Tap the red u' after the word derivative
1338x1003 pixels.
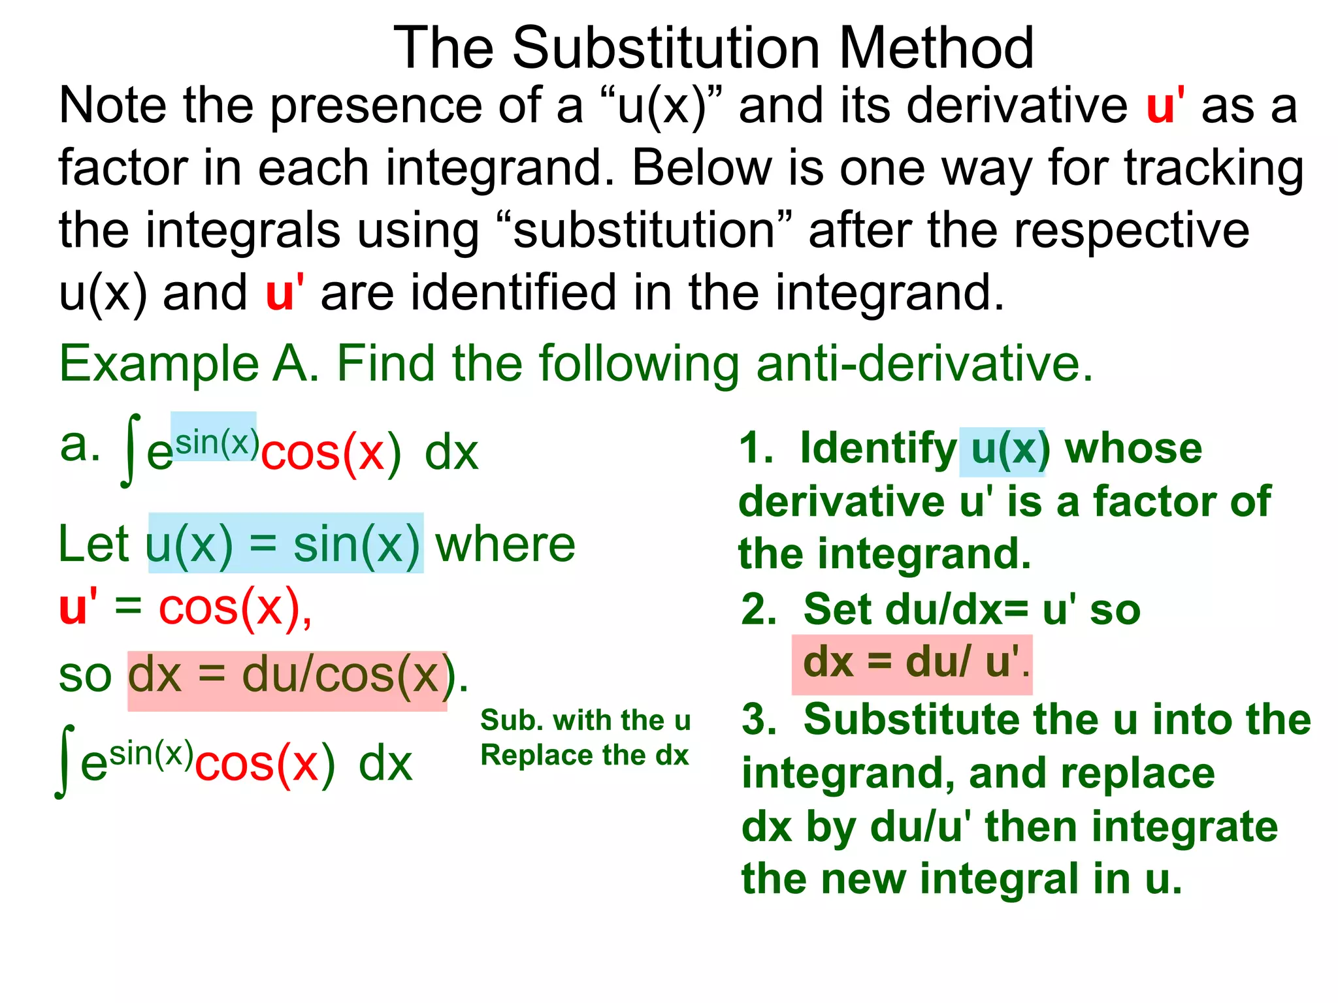pyautogui.click(x=1166, y=106)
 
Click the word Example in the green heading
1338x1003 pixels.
pyautogui.click(x=159, y=364)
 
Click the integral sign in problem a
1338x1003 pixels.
pyautogui.click(x=131, y=451)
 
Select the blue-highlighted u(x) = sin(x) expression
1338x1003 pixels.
pyautogui.click(x=285, y=544)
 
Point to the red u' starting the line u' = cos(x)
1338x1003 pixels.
pyautogui.click(x=78, y=607)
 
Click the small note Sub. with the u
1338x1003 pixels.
pyautogui.click(x=585, y=720)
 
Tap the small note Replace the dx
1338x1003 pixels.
pyautogui.click(x=585, y=756)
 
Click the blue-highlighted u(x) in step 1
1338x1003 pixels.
pyautogui.click(x=1003, y=450)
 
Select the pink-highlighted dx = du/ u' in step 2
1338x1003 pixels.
pyautogui.click(x=911, y=663)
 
